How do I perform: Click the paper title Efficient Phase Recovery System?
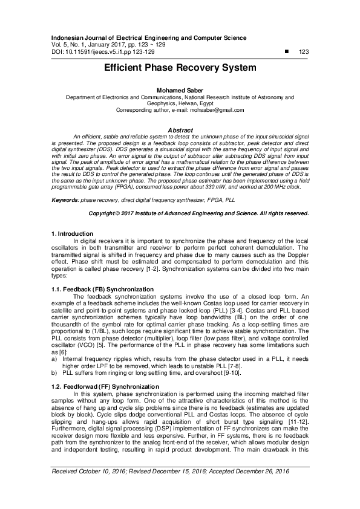pyautogui.click(x=180, y=68)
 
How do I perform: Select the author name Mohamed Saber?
pyautogui.click(x=180, y=89)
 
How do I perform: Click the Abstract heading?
pyautogui.click(x=180, y=131)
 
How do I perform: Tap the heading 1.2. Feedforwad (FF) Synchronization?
pyautogui.click(x=99, y=385)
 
